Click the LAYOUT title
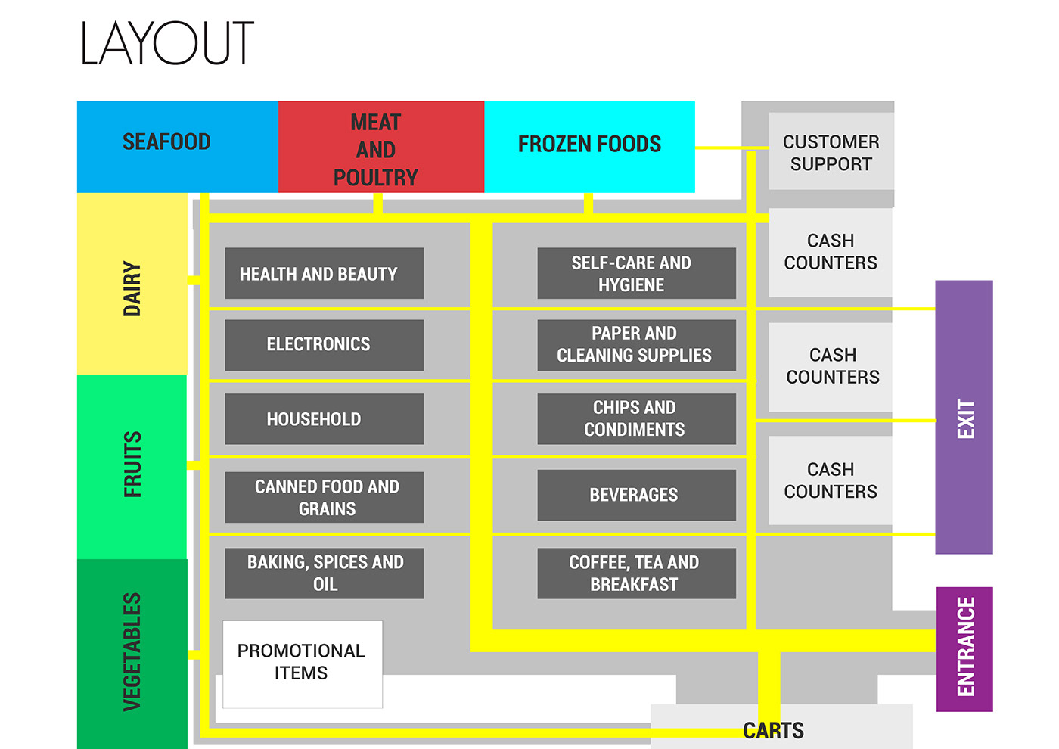166,43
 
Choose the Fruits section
132,465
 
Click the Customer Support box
831,152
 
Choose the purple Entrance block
964,648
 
